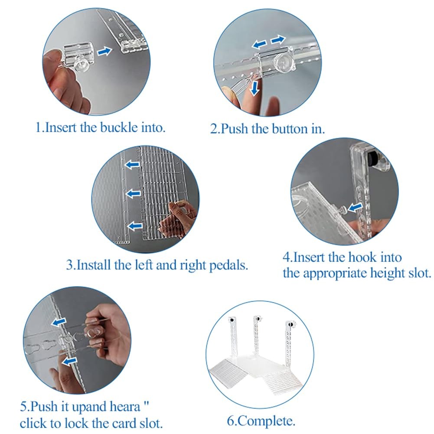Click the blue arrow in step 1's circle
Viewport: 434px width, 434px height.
pos(104,51)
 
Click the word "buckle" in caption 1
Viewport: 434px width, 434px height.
pos(119,127)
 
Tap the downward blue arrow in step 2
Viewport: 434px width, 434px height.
pos(255,88)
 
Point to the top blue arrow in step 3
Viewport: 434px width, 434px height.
pos(133,165)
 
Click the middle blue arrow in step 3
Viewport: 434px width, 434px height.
pos(134,193)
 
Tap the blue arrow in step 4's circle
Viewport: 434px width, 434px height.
pos(356,207)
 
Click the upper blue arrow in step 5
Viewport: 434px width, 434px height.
pos(59,322)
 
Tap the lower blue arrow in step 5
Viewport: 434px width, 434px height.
pos(69,361)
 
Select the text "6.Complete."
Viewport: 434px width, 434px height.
pos(261,421)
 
